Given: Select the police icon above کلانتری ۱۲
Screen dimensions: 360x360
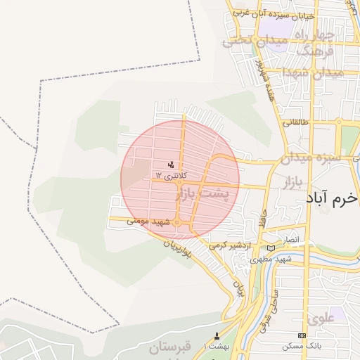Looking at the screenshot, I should point(171,165).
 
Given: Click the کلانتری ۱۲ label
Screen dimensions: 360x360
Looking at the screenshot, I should point(167,175).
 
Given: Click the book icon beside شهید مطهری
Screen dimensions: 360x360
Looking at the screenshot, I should point(271,248).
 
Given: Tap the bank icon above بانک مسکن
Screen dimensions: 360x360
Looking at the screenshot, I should point(302,335).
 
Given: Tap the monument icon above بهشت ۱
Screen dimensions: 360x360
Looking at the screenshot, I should point(217,335).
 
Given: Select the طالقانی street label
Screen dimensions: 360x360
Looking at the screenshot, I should point(296,122).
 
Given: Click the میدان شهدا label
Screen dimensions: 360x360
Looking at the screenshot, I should point(312,73).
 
